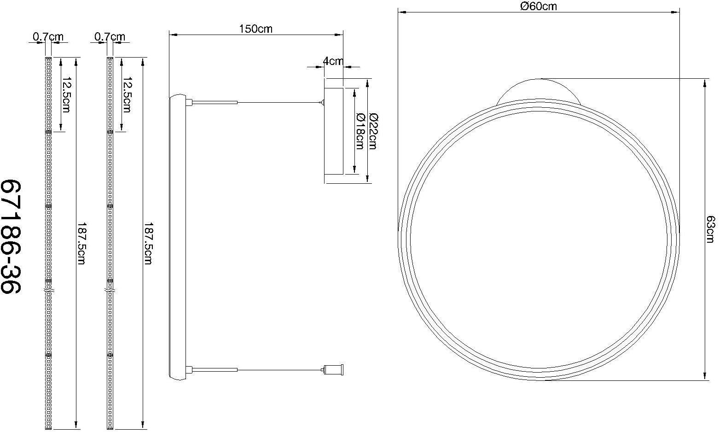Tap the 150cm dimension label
tap(255, 29)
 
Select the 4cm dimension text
tap(333, 61)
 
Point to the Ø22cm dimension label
tap(372, 131)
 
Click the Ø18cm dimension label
tap(359, 131)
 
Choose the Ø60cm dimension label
tap(538, 6)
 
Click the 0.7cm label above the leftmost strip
tap(48, 36)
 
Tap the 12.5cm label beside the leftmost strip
tap(66, 94)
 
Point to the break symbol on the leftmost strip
tap(49, 291)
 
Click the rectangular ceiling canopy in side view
tap(333, 131)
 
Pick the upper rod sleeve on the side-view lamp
tap(215, 102)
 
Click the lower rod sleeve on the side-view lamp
tap(215, 369)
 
